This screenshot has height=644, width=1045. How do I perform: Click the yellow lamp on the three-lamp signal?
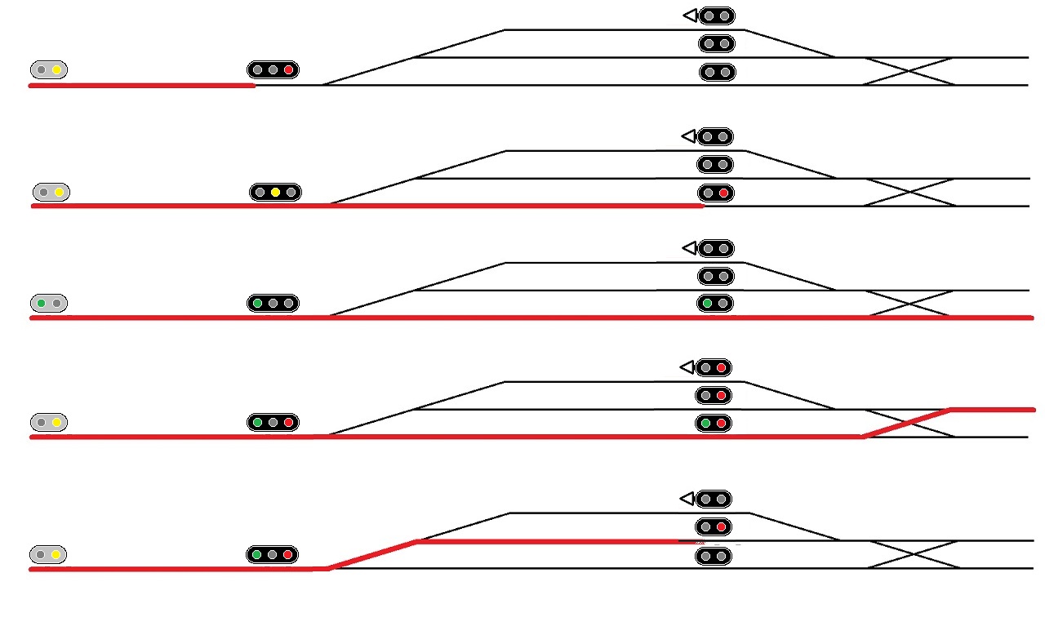click(x=275, y=193)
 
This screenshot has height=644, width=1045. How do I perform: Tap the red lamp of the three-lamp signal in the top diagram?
click(x=288, y=70)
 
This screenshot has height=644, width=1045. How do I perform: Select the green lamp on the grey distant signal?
click(x=41, y=304)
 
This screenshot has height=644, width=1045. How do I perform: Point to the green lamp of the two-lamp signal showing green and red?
click(x=705, y=424)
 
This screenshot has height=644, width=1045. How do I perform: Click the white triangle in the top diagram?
click(x=690, y=16)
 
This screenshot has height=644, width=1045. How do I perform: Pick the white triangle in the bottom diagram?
click(x=687, y=499)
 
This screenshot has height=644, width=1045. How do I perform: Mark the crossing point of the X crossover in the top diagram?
click(x=909, y=71)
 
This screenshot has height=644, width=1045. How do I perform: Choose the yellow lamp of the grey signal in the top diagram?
click(x=56, y=70)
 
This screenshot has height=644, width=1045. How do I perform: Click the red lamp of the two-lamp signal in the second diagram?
click(x=723, y=193)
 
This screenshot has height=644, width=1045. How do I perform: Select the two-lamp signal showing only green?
click(x=715, y=304)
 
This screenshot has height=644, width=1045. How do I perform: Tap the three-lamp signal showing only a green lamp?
click(x=273, y=304)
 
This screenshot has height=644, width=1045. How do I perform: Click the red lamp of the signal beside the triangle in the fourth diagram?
click(x=722, y=368)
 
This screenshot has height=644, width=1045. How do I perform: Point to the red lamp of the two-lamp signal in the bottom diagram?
click(x=722, y=527)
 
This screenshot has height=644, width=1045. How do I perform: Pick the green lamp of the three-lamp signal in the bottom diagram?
click(x=256, y=555)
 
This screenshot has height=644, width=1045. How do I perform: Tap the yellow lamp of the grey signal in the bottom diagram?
click(x=56, y=555)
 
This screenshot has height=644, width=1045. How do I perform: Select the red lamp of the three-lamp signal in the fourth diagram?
click(x=288, y=423)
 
